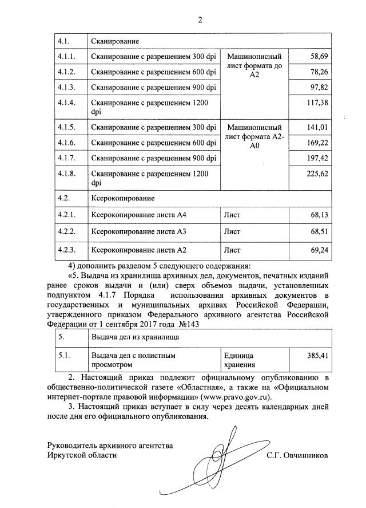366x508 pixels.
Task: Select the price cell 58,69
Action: pyautogui.click(x=316, y=57)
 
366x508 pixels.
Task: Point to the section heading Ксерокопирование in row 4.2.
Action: pyautogui.click(x=122, y=198)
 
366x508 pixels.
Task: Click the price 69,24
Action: pyautogui.click(x=316, y=250)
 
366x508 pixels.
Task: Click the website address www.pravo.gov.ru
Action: pyautogui.click(x=233, y=396)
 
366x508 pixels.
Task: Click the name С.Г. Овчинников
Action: pyautogui.click(x=297, y=455)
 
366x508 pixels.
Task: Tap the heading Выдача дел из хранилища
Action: pyautogui.click(x=135, y=337)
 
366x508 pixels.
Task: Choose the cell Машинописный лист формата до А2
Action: pyautogui.click(x=254, y=66)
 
